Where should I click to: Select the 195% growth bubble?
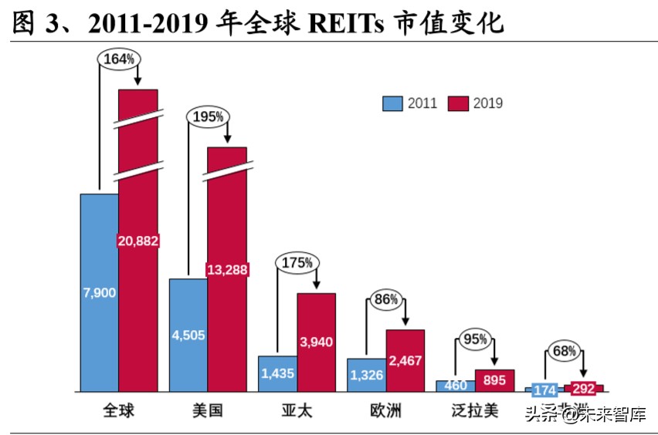[x=207, y=116]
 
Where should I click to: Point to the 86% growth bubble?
[x=385, y=299]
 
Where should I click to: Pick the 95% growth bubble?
[x=474, y=339]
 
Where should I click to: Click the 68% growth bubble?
[x=564, y=351]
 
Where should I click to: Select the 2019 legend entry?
[x=476, y=103]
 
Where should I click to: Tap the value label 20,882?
[x=138, y=241]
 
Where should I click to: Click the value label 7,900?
[x=99, y=293]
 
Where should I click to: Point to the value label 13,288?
[x=227, y=269]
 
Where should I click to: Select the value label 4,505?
[x=188, y=335]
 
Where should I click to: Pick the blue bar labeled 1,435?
[x=277, y=373]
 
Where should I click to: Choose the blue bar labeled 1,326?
[x=366, y=375]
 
